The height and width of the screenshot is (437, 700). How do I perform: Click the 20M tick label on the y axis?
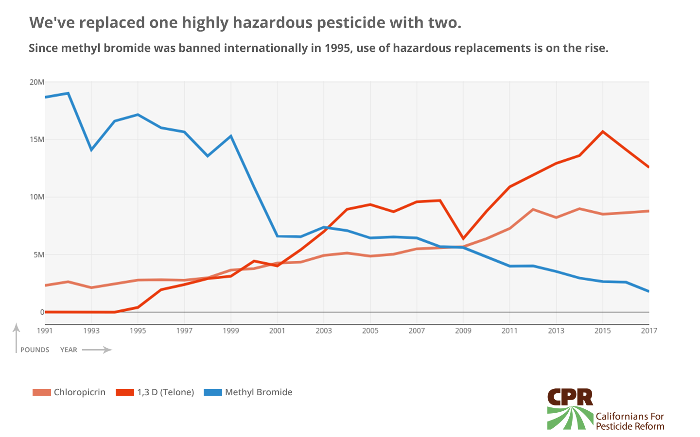(x=36, y=82)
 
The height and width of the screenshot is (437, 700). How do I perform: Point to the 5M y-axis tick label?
(x=38, y=254)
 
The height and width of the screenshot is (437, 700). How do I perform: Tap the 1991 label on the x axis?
(x=45, y=331)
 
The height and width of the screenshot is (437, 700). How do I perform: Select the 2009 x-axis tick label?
(x=463, y=331)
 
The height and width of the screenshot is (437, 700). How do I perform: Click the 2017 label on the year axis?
(x=649, y=331)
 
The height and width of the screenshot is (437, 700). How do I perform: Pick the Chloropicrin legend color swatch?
(x=41, y=392)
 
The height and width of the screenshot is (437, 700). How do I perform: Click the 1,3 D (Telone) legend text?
(x=165, y=392)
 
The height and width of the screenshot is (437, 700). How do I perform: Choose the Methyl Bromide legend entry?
(x=258, y=392)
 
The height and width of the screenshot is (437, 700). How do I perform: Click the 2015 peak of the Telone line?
(x=603, y=132)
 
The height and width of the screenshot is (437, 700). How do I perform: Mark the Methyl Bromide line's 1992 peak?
(x=68, y=93)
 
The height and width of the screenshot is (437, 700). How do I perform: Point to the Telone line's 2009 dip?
(x=463, y=238)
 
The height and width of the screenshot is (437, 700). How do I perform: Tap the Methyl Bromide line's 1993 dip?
(x=91, y=150)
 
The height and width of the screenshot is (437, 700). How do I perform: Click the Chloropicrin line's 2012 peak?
(x=533, y=209)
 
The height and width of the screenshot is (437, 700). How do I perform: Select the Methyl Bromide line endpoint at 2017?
(x=648, y=291)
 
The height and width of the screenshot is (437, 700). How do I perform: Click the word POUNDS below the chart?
(x=35, y=350)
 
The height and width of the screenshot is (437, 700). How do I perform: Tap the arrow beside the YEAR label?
(x=97, y=350)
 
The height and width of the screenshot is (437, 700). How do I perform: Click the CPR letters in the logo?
(x=570, y=397)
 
